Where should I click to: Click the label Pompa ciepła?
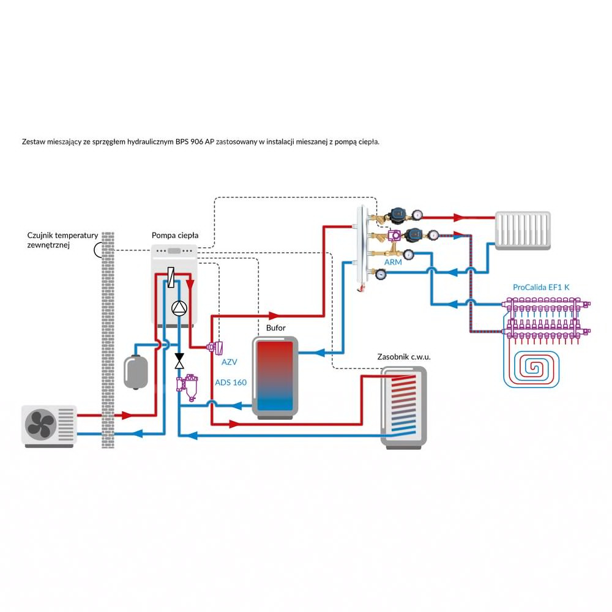point(174,236)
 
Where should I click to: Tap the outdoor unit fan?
point(40,424)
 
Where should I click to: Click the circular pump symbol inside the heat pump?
point(179,308)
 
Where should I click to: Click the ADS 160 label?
point(231,382)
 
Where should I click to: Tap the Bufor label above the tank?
point(275,329)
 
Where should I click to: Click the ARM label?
point(393,262)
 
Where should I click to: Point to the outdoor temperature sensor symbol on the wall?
point(97,250)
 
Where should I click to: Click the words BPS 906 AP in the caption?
point(195,142)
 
